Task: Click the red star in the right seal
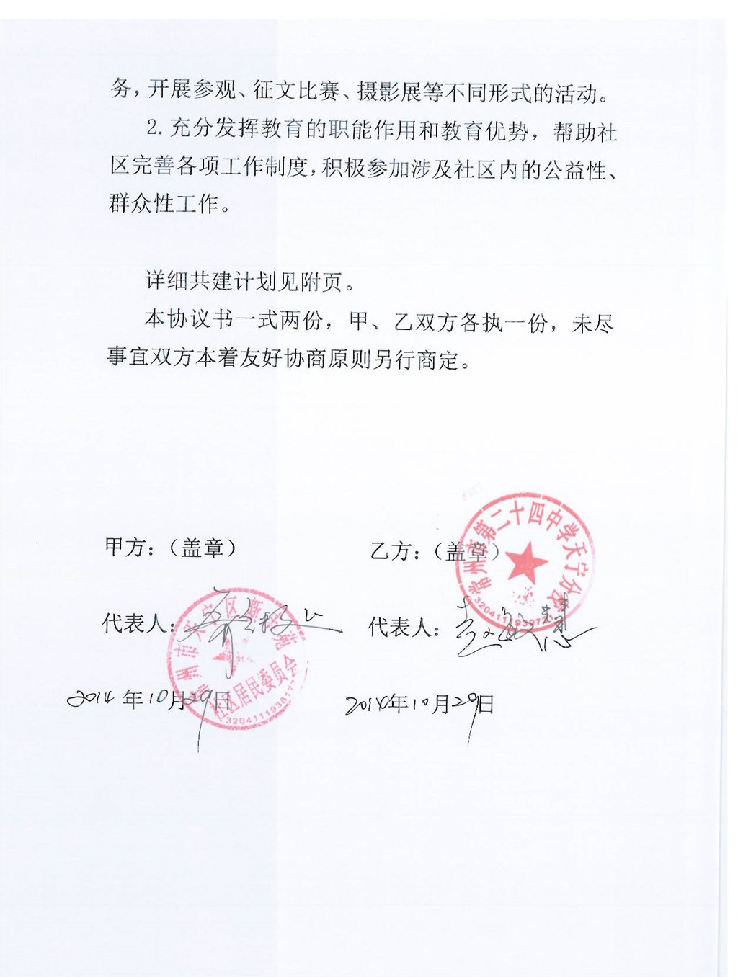[527, 563]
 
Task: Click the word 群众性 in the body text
[141, 203]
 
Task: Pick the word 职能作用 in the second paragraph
[373, 130]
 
